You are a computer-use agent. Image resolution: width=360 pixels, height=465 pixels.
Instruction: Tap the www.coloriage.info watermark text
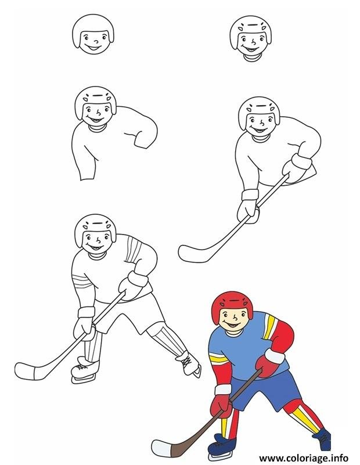pyautogui.click(x=303, y=458)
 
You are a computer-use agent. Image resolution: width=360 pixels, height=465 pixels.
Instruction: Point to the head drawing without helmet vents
pyautogui.click(x=93, y=34)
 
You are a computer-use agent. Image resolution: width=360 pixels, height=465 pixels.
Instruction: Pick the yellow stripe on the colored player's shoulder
pyautogui.click(x=269, y=326)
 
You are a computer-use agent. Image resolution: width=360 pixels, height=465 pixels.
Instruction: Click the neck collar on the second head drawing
pyautogui.click(x=251, y=57)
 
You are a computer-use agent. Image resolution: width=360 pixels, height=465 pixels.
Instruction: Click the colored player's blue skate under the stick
pyautogui.click(x=222, y=444)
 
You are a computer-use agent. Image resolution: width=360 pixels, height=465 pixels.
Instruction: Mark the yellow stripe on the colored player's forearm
pyautogui.click(x=219, y=358)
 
